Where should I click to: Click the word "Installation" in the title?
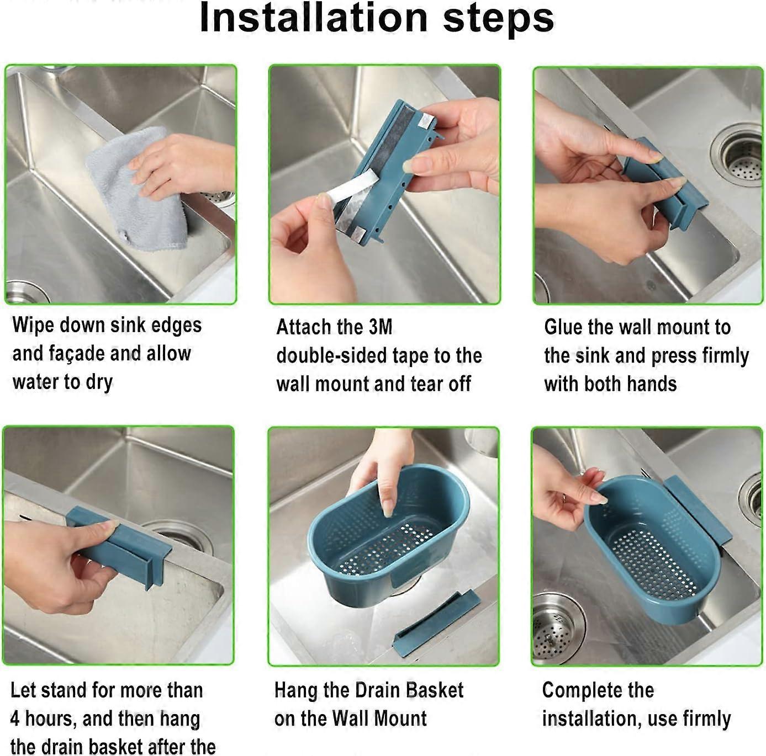coord(313,18)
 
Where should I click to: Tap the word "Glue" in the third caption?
coord(563,327)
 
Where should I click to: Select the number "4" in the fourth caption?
coord(15,719)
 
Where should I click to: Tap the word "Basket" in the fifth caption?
coord(434,690)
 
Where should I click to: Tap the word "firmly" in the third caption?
coord(725,356)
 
